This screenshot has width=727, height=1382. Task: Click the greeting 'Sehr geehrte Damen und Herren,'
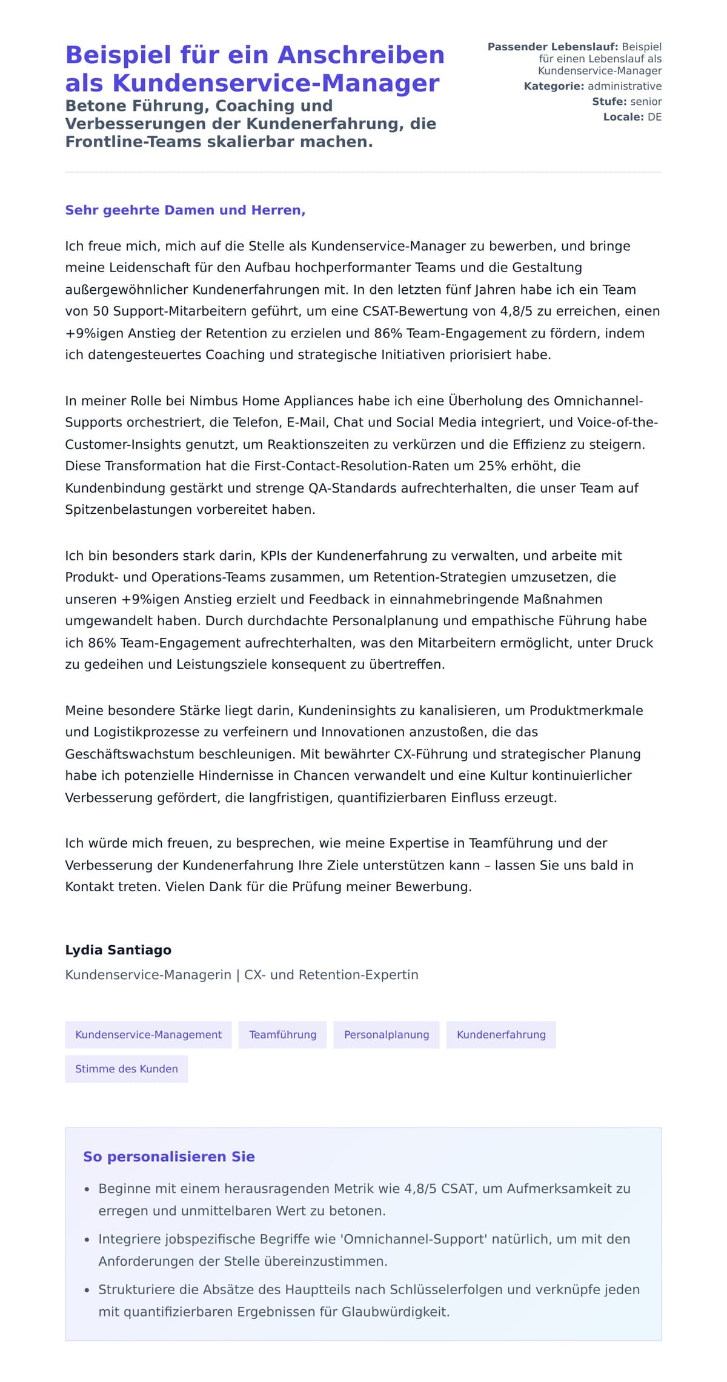[185, 210]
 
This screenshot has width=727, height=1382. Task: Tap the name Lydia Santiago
[118, 949]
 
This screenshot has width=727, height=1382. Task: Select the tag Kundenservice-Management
[148, 1034]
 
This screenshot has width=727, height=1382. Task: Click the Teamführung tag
[282, 1034]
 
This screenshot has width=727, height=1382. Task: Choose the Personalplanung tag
[387, 1034]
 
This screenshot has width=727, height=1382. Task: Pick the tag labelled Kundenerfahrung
[501, 1034]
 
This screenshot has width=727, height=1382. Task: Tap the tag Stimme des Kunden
[127, 1069]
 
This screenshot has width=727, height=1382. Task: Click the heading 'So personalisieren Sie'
[169, 1157]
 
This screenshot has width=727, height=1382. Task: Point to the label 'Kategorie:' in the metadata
[554, 86]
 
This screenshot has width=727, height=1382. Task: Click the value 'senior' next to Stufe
[646, 102]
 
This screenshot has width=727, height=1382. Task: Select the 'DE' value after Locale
[654, 117]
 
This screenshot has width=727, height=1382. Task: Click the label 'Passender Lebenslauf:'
[553, 47]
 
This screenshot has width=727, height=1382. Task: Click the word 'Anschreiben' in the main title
[361, 55]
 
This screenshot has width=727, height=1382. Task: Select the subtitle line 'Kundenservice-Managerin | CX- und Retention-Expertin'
[242, 975]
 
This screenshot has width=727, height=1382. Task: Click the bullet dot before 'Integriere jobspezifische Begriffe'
[87, 1240]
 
